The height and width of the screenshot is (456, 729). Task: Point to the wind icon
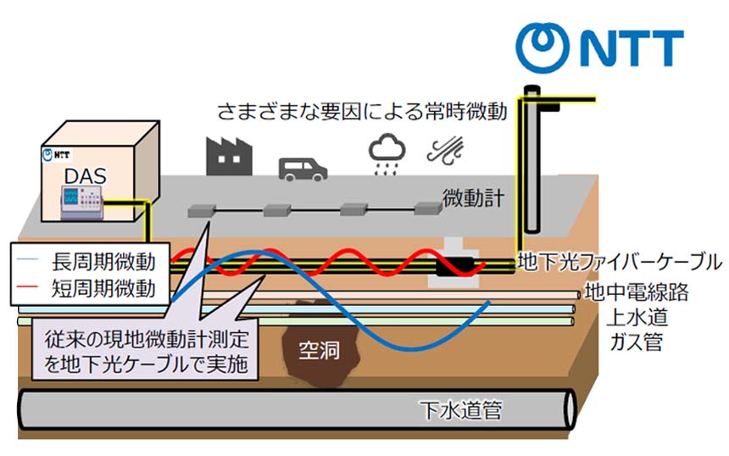pos(448,153)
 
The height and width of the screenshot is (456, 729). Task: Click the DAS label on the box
pos(81,175)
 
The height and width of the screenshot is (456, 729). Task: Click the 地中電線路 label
pos(636,294)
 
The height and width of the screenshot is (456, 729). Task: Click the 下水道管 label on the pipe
pos(461,413)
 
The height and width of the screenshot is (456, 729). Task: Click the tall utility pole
pos(532,161)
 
